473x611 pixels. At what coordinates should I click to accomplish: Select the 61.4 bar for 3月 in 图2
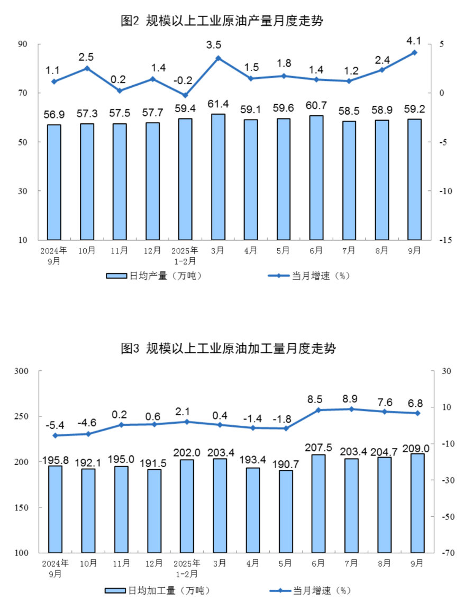tap(218, 177)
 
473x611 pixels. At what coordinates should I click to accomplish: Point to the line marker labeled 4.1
tap(414, 52)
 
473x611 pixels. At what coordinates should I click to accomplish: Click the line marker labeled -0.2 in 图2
tap(185, 95)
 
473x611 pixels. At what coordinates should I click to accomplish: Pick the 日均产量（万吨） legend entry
tap(154, 276)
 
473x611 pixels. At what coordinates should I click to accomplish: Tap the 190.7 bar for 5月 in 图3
tap(286, 512)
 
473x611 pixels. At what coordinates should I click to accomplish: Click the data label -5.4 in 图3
tap(55, 424)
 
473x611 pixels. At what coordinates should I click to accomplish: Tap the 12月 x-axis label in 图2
tap(152, 250)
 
